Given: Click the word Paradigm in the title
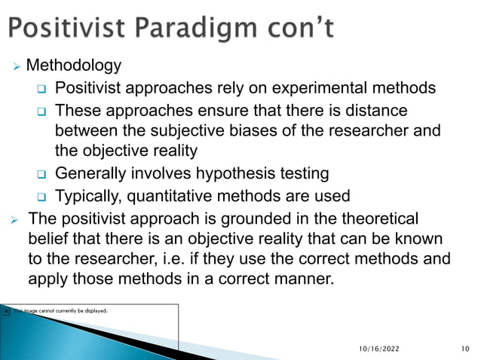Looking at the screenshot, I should pyautogui.click(x=198, y=30).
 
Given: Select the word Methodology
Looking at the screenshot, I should pyautogui.click(x=73, y=66).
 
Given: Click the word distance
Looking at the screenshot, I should pyautogui.click(x=379, y=111).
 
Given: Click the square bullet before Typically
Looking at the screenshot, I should pyautogui.click(x=42, y=197).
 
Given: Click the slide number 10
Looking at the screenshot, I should pyautogui.click(x=463, y=349).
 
